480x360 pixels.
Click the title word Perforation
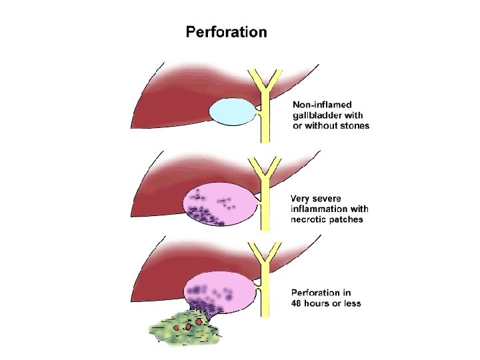click(x=226, y=32)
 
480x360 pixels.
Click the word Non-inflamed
click(x=323, y=105)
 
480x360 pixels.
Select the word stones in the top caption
click(x=353, y=125)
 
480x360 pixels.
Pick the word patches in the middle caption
click(x=347, y=219)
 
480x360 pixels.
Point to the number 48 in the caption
click(x=298, y=303)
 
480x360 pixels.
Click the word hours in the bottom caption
click(x=320, y=303)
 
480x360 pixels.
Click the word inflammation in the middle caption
click(x=320, y=209)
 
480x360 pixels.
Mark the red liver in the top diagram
click(x=180, y=100)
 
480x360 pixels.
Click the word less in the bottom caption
click(x=351, y=303)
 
